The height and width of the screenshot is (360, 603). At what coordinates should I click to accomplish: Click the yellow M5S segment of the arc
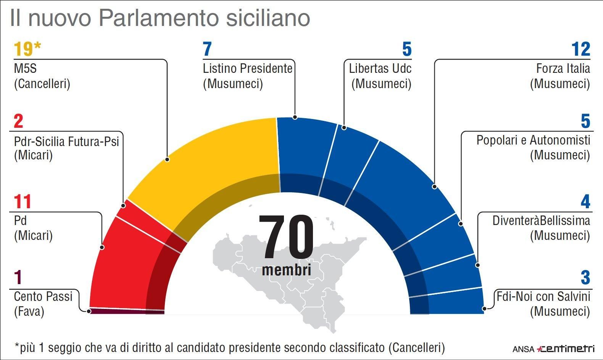point(214,160)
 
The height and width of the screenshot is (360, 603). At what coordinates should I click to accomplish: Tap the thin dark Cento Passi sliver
point(126,311)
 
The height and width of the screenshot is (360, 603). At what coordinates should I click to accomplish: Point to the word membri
point(286,270)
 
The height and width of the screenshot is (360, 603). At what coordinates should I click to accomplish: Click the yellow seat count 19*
point(27,49)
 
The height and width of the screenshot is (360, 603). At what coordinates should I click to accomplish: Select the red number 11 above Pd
point(22,202)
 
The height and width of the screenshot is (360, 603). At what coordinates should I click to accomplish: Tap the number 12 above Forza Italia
point(580,49)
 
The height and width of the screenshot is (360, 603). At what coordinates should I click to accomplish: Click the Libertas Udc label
point(380,69)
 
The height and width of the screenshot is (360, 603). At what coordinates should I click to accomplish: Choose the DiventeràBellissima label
point(541,220)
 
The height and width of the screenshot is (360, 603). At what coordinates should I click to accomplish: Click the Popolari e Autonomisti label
point(533,140)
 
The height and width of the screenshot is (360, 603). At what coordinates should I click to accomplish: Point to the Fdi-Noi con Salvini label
point(543,296)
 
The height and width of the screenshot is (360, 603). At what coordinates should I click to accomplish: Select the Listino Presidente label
point(247,69)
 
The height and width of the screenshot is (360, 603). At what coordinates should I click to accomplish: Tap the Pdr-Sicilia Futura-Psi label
point(66,141)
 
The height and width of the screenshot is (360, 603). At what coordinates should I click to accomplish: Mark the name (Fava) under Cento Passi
point(29,312)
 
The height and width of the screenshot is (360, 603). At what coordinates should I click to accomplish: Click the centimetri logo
point(566,349)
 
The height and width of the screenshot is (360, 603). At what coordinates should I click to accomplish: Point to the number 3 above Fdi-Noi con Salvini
point(585,278)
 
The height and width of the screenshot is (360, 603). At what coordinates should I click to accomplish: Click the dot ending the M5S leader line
point(167,159)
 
